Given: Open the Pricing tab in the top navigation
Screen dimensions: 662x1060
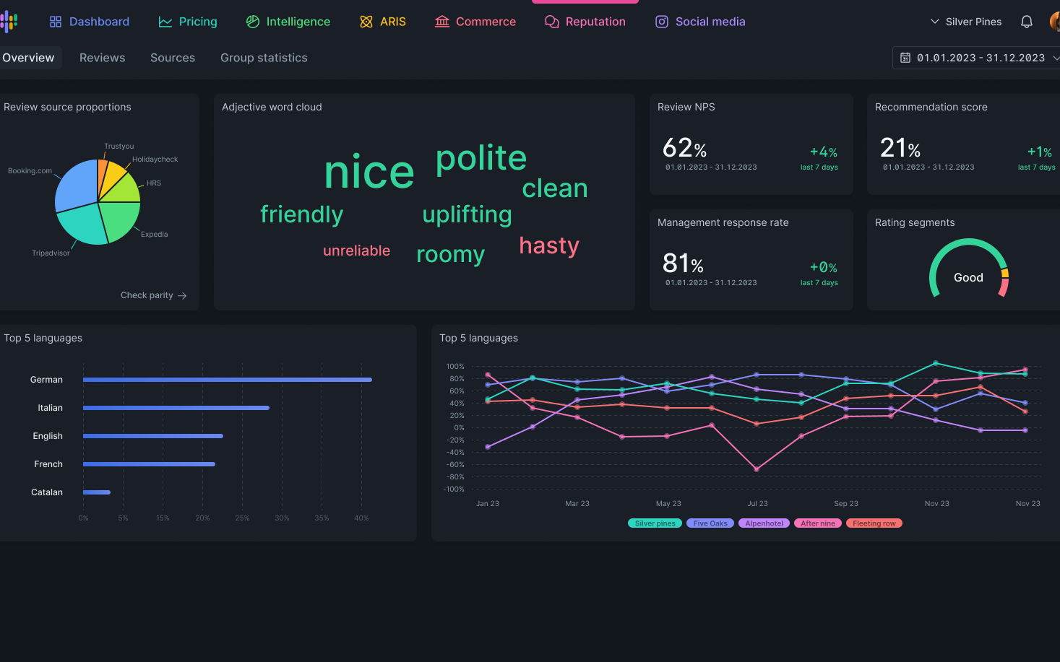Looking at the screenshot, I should click(x=188, y=22).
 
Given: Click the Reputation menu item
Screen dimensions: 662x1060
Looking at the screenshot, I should click(x=585, y=22).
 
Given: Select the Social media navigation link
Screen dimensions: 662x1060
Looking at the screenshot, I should click(x=700, y=22).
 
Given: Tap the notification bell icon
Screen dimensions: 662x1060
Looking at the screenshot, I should click(x=1026, y=22).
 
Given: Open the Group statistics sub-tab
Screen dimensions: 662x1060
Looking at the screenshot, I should click(x=264, y=58).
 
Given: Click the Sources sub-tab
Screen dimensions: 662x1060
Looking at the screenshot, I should click(x=173, y=58).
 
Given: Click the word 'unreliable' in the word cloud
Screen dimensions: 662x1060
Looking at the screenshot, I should click(x=356, y=251).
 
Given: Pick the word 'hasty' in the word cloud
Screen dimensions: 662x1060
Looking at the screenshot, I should click(x=549, y=245).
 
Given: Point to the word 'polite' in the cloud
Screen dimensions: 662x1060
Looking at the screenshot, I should click(x=481, y=158).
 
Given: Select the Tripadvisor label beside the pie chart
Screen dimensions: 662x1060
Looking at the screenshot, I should click(x=51, y=253).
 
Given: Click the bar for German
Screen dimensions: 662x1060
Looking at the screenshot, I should click(x=227, y=380).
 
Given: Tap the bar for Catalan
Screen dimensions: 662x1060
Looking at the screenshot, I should click(x=97, y=492).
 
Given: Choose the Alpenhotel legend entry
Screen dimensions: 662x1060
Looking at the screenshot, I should click(x=764, y=523).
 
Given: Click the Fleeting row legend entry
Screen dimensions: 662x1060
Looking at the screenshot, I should click(x=874, y=523).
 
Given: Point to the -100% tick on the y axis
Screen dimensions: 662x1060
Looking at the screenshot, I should click(x=454, y=489).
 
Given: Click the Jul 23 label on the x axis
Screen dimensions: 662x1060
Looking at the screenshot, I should click(x=757, y=504).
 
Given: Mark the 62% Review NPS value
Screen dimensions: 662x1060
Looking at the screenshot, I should click(x=684, y=149).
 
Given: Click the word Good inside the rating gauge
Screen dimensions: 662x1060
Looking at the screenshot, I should click(x=968, y=278).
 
